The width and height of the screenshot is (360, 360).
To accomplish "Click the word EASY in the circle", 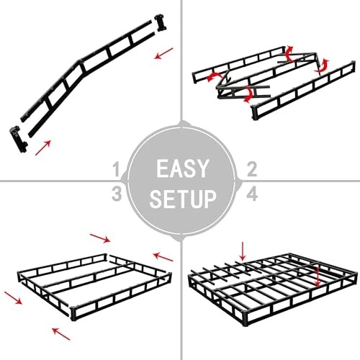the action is [x=181, y=168].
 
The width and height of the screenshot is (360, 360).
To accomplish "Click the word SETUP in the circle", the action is [x=183, y=199].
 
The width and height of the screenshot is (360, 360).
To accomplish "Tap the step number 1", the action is [x=117, y=169].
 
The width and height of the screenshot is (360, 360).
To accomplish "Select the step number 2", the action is [x=252, y=169].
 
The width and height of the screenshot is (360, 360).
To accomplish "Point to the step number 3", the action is [x=117, y=194].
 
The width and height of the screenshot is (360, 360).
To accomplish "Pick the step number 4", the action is [x=252, y=194].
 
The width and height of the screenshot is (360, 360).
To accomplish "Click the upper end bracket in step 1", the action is [x=161, y=23].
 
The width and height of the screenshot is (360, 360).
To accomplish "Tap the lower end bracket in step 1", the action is [x=19, y=139].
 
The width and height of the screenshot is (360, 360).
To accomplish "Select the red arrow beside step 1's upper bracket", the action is [x=164, y=53].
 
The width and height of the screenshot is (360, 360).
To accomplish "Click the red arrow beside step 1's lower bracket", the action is [x=43, y=148].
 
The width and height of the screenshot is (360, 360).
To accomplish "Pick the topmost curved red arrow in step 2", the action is [x=289, y=53].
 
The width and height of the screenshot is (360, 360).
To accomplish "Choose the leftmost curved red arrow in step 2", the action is [x=214, y=76].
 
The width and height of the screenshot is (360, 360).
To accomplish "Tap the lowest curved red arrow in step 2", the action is [x=248, y=94].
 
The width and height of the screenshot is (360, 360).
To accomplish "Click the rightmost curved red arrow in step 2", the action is [x=322, y=66].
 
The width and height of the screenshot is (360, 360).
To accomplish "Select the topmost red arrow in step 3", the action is [x=100, y=238].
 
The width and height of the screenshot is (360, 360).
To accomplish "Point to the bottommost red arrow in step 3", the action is [x=61, y=334].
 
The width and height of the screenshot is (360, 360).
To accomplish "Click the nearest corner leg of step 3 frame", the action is [x=73, y=314].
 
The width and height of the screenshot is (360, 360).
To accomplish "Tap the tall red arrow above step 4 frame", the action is [x=243, y=251].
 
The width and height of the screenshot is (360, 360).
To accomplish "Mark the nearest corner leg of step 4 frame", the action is [x=245, y=318].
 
